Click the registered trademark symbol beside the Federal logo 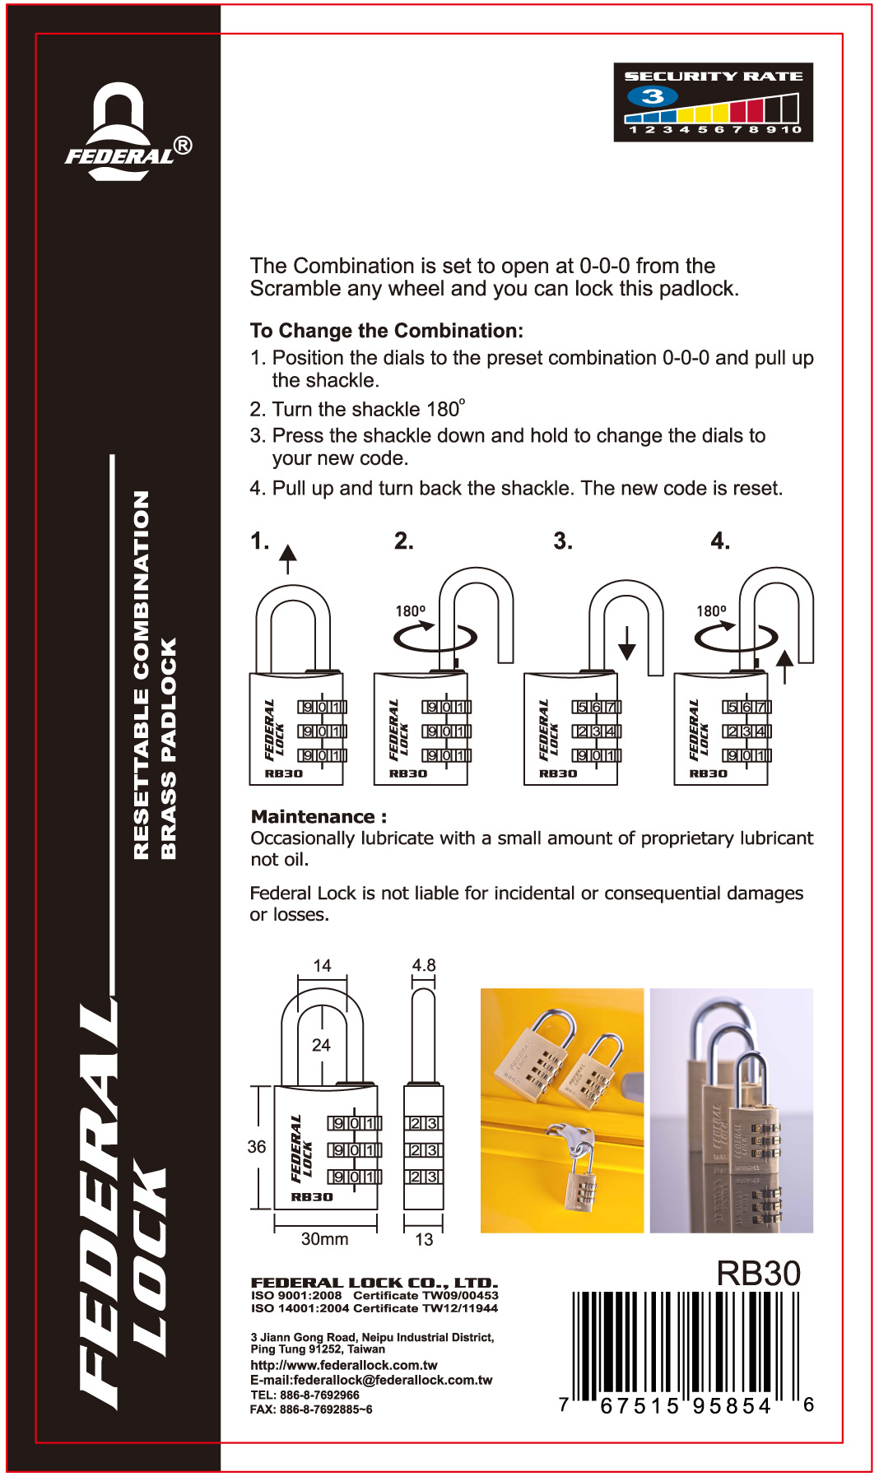tap(184, 146)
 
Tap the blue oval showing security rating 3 tap(652, 96)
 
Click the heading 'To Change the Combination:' tap(386, 331)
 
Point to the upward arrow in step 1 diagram tap(287, 558)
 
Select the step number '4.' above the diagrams tap(720, 541)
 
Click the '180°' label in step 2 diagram tap(410, 611)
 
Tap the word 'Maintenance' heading tap(313, 816)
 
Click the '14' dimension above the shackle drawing tap(322, 966)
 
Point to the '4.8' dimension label tap(424, 965)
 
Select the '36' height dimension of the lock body tap(257, 1146)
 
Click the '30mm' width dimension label tap(324, 1238)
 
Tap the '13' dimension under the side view tap(424, 1239)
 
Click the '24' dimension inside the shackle tap(321, 1045)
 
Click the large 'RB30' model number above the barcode tap(758, 1273)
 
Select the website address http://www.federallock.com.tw tap(343, 1365)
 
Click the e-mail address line tap(371, 1380)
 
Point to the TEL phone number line tap(305, 1395)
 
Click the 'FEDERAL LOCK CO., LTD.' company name tap(374, 1283)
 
